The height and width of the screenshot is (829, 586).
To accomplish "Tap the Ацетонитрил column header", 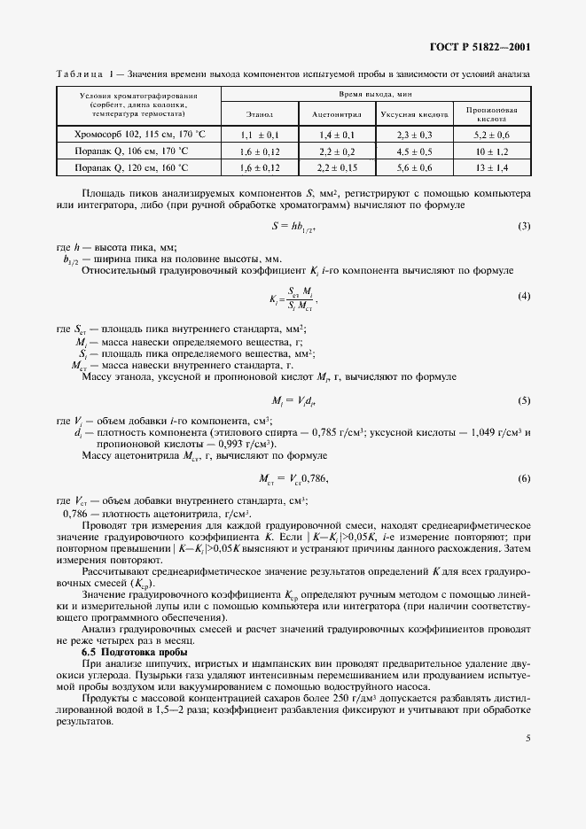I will pos(333,114).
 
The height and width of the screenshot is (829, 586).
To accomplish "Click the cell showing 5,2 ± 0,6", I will pos(491,134).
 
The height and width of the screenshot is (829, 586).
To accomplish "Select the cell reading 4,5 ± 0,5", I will pos(413,151).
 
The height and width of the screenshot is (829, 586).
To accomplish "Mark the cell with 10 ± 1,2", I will pos(491,151).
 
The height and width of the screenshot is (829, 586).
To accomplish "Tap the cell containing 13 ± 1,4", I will pos(491,167).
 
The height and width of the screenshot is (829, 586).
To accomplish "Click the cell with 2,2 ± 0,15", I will pos(333,167).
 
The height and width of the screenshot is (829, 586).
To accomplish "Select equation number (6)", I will pos(523,478).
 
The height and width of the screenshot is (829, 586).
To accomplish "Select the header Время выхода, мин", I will pos(376,93).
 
